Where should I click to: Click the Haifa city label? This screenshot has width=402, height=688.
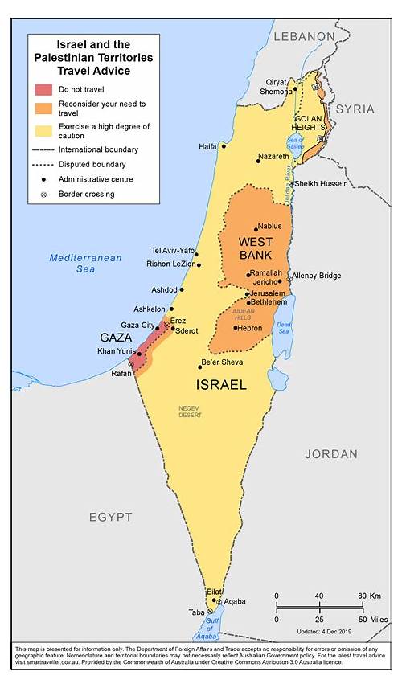pos(208,146)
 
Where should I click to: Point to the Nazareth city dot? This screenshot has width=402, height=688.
pos(258,161)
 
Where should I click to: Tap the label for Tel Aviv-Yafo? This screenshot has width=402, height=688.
pos(173,251)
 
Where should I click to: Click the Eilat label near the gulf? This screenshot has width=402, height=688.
pos(214,592)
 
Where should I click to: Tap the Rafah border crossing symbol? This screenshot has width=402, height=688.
pos(131,364)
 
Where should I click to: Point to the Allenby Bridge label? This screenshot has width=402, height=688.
pos(316,276)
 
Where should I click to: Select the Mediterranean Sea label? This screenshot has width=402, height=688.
pos(85,263)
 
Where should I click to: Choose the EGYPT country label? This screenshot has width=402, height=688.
pos(110,517)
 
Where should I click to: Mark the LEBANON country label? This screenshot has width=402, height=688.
pos(304,36)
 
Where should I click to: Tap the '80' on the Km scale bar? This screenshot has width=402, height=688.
pos(362,596)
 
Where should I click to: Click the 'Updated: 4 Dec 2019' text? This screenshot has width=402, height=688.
pos(330,632)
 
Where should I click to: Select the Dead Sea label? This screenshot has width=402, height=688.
pos(283,327)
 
